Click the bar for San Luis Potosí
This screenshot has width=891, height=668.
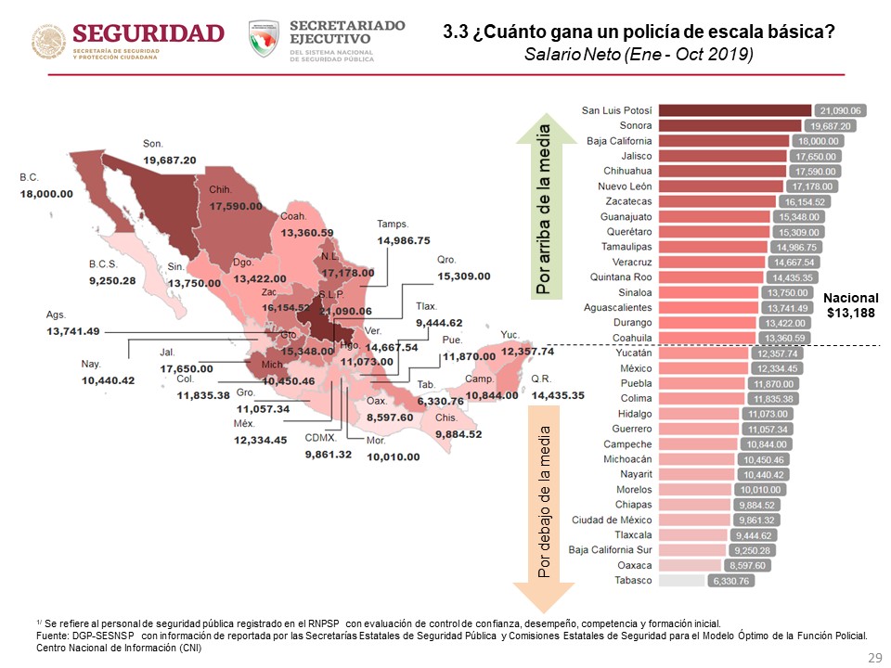tap(736, 110)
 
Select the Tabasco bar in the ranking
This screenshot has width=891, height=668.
tap(684, 581)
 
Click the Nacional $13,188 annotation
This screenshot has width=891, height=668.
tap(850, 305)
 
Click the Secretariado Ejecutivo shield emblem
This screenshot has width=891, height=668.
tap(265, 39)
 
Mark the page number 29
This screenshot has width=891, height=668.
tap(872, 657)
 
